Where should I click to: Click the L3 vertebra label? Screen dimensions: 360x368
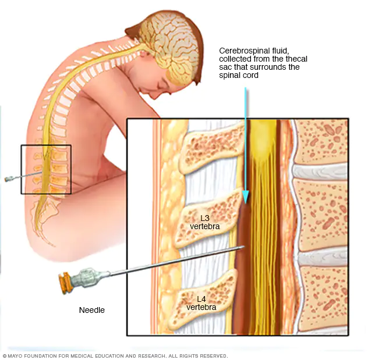coord(205,223)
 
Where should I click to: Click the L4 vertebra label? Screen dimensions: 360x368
coord(201,303)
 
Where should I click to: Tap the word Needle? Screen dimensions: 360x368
coord(92,310)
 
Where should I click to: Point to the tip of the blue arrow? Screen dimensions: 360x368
coord(245,201)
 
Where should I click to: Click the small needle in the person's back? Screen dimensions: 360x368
coord(13,178)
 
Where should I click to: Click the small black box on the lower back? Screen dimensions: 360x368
coord(46,169)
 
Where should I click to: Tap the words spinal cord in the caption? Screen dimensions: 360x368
coord(237,76)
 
